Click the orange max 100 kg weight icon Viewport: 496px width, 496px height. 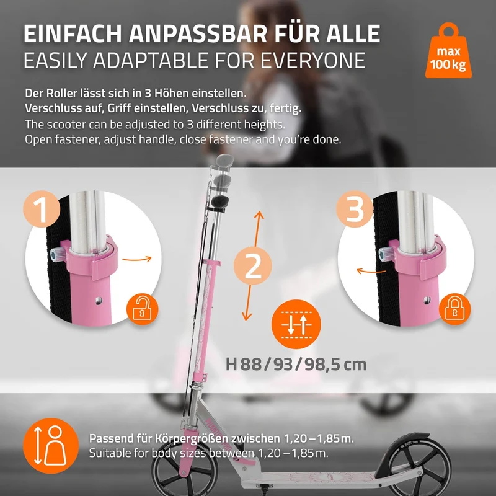point(448,52)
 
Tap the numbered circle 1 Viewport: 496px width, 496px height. point(42,209)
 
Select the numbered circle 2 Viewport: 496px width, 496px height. point(253,265)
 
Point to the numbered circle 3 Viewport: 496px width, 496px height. point(355,209)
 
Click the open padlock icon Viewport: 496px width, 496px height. point(143,309)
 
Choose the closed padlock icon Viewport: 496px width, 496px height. point(454,309)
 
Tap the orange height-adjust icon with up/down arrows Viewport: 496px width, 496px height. point(296,324)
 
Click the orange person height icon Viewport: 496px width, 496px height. point(51,445)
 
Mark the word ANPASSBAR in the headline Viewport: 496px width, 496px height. point(198,33)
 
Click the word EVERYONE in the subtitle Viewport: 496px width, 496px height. point(313,60)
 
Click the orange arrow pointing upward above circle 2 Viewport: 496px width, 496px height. point(257,229)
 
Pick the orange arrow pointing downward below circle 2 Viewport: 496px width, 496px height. point(247,303)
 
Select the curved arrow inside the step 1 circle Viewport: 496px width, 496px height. point(137,259)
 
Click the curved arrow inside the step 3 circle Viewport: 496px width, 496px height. point(371,271)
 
